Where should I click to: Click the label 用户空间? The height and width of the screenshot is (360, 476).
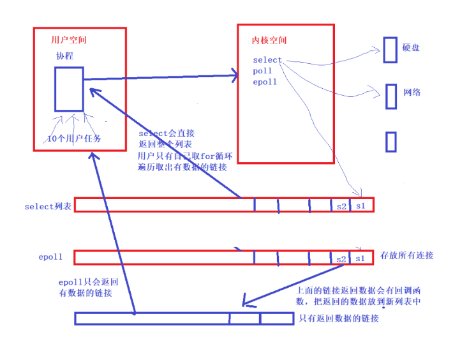[68, 40]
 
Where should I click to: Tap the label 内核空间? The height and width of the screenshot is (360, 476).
[269, 41]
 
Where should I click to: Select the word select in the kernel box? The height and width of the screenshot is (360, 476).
[267, 60]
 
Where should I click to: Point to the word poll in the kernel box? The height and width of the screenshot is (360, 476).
[262, 71]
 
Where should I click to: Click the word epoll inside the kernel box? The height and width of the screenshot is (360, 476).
[265, 82]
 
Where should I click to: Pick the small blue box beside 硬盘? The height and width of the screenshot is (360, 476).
[390, 50]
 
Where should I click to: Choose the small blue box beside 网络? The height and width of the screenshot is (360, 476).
[391, 95]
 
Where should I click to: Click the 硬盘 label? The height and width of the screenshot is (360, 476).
[411, 48]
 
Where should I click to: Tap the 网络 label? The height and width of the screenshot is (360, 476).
[412, 93]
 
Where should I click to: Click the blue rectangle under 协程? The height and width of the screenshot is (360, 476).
[68, 89]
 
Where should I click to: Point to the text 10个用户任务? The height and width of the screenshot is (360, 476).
[74, 139]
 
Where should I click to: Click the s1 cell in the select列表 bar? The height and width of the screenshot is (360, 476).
[361, 206]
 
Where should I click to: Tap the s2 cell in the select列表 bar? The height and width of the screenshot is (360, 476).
[341, 206]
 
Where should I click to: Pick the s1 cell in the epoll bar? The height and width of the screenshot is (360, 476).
[361, 258]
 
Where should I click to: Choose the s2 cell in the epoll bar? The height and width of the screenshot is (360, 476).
[341, 259]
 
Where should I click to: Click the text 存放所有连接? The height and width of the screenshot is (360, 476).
[406, 256]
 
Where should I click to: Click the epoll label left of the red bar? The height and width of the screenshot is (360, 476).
[51, 257]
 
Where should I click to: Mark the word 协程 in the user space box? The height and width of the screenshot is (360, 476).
[64, 56]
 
